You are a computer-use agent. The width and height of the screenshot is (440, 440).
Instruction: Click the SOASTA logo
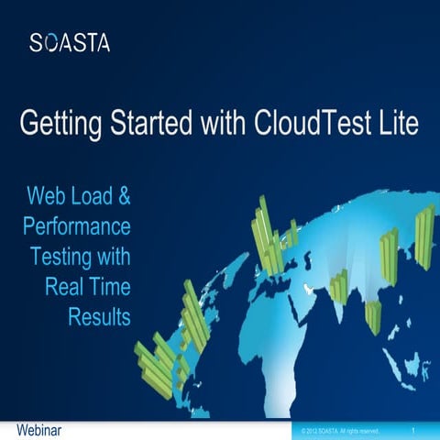click(x=69, y=42)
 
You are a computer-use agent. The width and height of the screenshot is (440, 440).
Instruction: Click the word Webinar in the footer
click(x=39, y=429)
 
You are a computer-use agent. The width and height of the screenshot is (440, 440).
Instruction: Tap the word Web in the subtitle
click(x=47, y=195)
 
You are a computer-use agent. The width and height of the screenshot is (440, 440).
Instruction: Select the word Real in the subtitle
click(x=63, y=287)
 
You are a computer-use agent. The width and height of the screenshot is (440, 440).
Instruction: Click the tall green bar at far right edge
click(x=423, y=236)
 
